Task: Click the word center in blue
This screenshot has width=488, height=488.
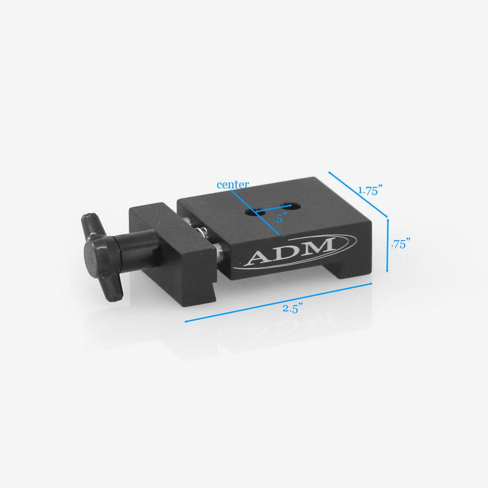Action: pos(233,184)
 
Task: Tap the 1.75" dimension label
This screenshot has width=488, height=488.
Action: pos(370,190)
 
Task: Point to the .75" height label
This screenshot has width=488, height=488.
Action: pos(400,243)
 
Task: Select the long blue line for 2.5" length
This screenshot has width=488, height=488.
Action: pos(278,302)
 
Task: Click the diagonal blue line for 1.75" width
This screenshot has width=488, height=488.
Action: pos(359,193)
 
